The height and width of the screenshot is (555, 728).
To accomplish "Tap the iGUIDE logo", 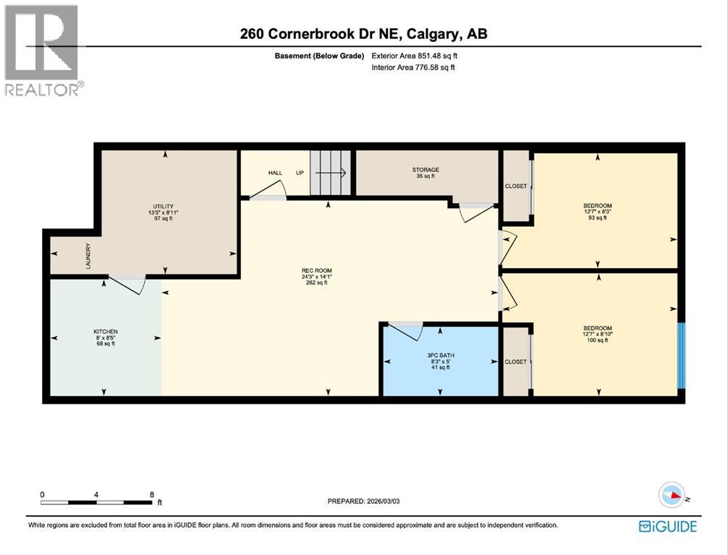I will pyautogui.click(x=667, y=526).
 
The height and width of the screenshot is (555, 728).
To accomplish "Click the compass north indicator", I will pyautogui.click(x=672, y=496).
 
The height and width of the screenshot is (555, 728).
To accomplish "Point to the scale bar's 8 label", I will pyautogui.click(x=151, y=494).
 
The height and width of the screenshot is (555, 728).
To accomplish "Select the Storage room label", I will pyautogui.click(x=426, y=173).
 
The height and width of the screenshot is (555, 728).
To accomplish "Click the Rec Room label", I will pyautogui.click(x=318, y=277).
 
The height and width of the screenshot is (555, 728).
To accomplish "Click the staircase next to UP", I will pyautogui.click(x=331, y=173).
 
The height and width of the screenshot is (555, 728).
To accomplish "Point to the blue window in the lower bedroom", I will pyautogui.click(x=680, y=356).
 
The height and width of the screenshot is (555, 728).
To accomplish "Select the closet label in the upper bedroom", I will pyautogui.click(x=516, y=186).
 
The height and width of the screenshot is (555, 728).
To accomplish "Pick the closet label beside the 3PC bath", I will pyautogui.click(x=516, y=361).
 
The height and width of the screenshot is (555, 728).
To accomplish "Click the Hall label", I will pyautogui.click(x=275, y=173).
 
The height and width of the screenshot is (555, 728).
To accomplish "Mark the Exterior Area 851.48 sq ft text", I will pyautogui.click(x=413, y=55).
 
